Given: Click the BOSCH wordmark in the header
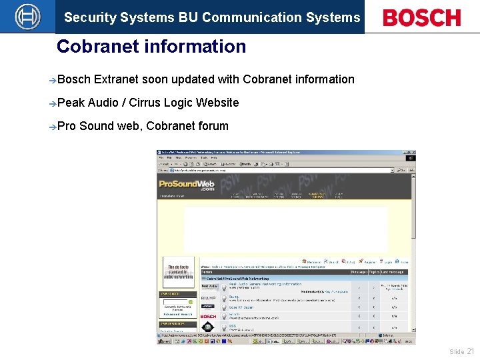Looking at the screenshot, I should [x=421, y=17].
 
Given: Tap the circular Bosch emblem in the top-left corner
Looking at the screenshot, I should [x=27, y=17].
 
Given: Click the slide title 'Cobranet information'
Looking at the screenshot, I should [x=151, y=47].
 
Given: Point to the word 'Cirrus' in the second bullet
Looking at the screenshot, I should [x=144, y=103].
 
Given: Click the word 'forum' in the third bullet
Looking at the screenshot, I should [x=213, y=126].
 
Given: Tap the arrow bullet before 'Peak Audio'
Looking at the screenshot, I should [x=53, y=103].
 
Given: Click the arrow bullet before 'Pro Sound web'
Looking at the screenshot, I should [x=53, y=127].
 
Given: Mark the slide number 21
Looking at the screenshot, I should [x=471, y=351].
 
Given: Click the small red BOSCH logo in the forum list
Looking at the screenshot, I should [x=208, y=316].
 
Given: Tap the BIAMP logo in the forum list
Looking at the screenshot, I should [x=208, y=297].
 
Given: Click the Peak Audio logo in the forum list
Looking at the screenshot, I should [x=208, y=287].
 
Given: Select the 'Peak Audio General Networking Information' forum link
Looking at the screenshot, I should [x=265, y=284].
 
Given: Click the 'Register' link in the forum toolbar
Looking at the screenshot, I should [x=367, y=262].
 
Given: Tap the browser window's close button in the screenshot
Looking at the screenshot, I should [x=411, y=153].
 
